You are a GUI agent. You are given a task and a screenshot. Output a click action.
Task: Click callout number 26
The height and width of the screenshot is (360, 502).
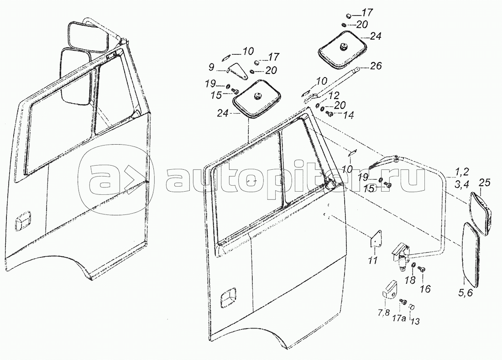(376, 66)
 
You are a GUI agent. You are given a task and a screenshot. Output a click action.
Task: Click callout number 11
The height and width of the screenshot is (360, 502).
(372, 260)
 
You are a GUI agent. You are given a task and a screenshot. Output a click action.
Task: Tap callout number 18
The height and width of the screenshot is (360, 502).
(410, 280)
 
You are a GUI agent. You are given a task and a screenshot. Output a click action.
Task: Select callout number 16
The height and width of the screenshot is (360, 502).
(425, 289)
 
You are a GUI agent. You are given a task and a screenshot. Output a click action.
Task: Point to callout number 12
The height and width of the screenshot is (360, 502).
(334, 95)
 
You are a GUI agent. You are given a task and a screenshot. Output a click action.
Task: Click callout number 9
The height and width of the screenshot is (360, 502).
(211, 68)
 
